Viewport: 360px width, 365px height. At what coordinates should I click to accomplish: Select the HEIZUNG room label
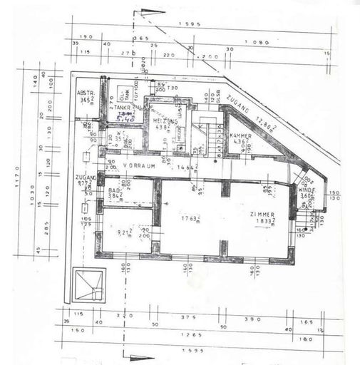tap(165, 121)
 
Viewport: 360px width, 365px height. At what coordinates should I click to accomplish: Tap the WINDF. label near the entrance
tap(306, 190)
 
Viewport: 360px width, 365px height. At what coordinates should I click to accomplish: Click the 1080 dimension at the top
tap(259, 42)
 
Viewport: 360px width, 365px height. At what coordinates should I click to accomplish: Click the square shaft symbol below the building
tap(90, 284)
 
